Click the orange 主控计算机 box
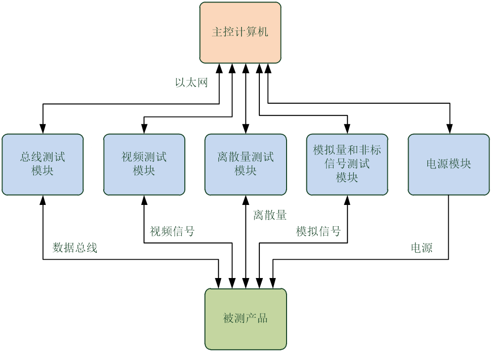tap(240, 33)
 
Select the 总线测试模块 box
tap(42, 164)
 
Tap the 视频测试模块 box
tap(144, 164)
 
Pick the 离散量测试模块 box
tap(246, 164)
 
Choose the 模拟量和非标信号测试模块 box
tap(347, 164)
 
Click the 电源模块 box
tap(449, 164)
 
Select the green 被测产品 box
tap(246, 319)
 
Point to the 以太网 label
tap(191, 83)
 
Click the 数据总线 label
tap(75, 248)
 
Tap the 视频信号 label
tap(172, 231)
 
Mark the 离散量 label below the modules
tap(270, 215)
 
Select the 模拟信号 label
tap(318, 231)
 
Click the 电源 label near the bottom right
tap(421, 248)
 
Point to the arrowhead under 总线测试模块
tap(43, 200)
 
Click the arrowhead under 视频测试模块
tap(144, 200)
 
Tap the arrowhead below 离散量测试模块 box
tap(246, 200)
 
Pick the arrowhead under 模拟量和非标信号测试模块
tap(347, 200)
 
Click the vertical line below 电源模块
tap(448, 199)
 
